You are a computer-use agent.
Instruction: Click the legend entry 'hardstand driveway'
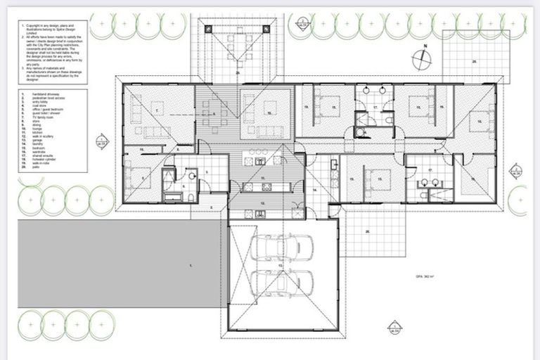click(39, 94)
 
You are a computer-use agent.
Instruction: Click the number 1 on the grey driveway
click(191, 265)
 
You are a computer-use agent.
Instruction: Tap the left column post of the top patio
click(209, 28)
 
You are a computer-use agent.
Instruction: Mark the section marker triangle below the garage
click(394, 326)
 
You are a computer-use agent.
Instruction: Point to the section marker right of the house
click(515, 169)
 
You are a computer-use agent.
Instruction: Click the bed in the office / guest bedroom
click(139, 176)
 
